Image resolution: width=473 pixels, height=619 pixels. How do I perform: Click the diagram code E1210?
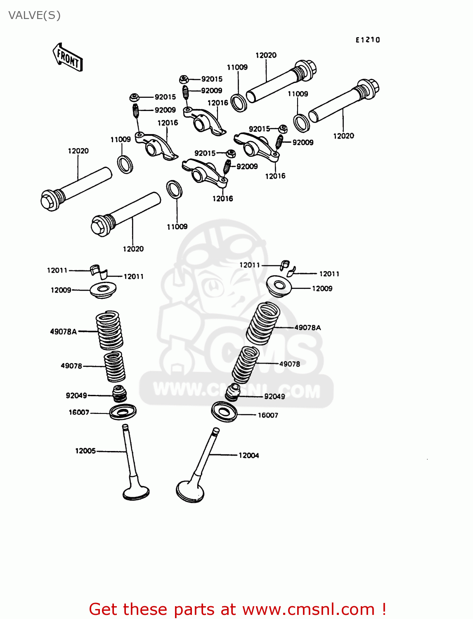click(368, 40)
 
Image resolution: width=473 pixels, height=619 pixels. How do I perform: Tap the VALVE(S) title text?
click(35, 15)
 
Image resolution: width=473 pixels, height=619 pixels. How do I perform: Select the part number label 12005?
click(85, 451)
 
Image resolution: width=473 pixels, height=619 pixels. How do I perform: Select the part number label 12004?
click(249, 456)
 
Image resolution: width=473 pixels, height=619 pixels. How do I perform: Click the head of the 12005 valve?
click(136, 492)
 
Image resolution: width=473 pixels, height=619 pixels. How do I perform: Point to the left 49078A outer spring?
click(109, 330)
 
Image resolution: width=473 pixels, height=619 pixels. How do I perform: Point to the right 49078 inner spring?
click(246, 364)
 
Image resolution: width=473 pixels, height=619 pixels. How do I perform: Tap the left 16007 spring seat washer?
click(123, 411)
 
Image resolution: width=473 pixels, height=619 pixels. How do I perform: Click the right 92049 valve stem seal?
click(233, 392)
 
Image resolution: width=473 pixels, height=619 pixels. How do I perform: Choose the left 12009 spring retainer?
click(103, 290)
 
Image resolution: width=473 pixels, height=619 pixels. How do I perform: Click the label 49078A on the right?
click(307, 328)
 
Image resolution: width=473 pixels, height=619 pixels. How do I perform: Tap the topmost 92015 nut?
click(184, 79)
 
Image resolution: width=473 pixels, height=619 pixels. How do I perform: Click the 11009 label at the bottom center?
click(177, 227)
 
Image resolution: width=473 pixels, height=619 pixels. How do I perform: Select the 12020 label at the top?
click(266, 55)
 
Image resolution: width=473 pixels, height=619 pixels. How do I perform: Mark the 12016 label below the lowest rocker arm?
click(222, 199)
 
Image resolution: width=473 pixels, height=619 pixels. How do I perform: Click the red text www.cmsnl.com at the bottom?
click(308, 609)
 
